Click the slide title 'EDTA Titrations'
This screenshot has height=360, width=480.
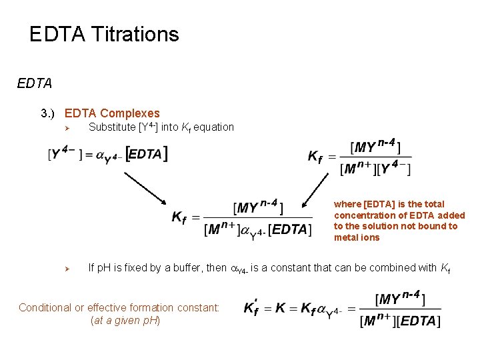104,34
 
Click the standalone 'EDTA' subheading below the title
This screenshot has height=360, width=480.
35,84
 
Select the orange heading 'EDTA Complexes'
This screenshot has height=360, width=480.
112,113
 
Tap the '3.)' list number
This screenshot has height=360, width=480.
51,113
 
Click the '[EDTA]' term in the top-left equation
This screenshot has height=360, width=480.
146,155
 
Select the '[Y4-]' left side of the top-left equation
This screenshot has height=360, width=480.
63,155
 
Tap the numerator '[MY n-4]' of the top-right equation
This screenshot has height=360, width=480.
375,147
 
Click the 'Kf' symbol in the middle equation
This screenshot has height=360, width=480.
179,217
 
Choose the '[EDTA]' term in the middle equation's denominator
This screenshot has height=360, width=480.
289,230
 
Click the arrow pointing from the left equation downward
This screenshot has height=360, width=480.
145,187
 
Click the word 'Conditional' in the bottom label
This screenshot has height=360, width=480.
44,307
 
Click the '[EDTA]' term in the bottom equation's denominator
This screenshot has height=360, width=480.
417,321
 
